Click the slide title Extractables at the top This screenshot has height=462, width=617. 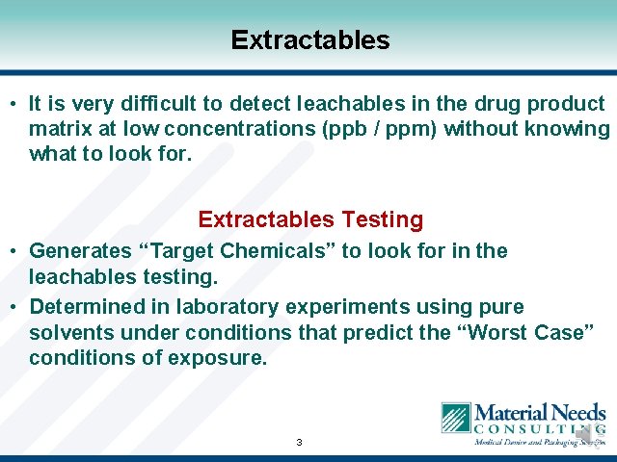[309, 40]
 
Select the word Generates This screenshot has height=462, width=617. [81, 251]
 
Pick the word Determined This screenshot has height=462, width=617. [86, 307]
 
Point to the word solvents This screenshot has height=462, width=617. [67, 332]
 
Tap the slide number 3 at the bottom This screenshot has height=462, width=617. [299, 443]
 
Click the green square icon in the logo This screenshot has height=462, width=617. [456, 419]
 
